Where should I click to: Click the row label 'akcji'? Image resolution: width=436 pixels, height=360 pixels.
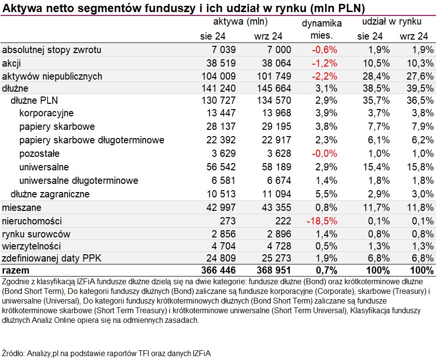tap(12, 63)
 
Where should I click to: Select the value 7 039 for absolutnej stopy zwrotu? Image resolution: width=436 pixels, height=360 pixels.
tap(224, 50)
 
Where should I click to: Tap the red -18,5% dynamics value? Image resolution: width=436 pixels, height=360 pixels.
tap(322, 221)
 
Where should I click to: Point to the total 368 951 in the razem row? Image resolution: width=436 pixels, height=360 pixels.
tap(273, 270)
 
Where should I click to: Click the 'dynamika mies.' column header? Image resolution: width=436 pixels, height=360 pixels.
tap(322, 29)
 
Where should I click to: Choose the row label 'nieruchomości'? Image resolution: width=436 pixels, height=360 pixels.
tap(32, 221)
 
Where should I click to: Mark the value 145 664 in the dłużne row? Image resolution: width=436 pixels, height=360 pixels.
tap(274, 88)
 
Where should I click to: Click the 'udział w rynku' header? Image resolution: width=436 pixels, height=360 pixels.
tap(392, 21)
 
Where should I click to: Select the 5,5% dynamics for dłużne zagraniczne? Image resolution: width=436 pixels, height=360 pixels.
tap(326, 194)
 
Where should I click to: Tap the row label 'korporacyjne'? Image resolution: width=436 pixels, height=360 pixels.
tap(46, 113)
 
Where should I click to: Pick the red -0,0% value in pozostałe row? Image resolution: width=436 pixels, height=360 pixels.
tap(325, 153)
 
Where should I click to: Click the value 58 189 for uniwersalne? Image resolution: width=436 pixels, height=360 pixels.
tap(276, 167)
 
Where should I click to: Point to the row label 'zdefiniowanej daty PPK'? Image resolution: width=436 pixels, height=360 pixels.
tap(52, 259)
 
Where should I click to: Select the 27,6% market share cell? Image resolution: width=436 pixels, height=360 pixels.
tap(420, 76)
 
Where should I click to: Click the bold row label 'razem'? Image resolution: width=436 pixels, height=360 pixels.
tap(15, 270)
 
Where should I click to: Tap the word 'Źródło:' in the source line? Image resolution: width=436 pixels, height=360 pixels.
tap(14, 353)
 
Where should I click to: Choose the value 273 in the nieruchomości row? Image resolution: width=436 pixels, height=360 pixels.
tap(228, 221)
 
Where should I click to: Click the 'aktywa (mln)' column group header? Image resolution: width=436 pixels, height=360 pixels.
tap(240, 21)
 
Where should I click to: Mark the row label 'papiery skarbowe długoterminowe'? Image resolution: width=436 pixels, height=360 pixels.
tap(92, 140)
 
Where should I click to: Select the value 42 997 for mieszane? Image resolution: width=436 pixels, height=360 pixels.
tap(221, 208)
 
